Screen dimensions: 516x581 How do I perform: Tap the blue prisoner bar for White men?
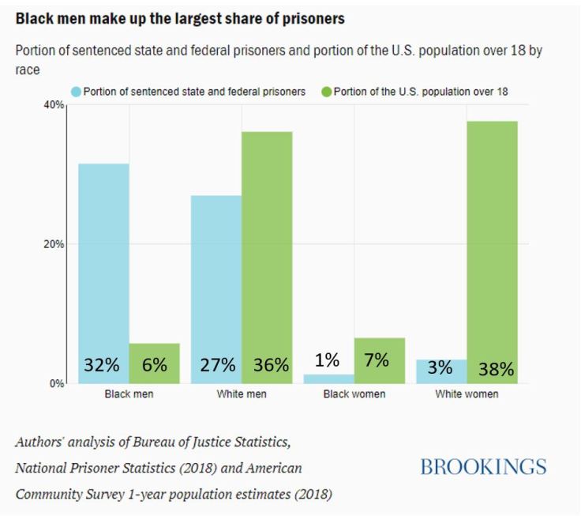(x=216, y=277)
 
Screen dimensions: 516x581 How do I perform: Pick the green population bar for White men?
(x=267, y=245)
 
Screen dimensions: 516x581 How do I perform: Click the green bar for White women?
(x=493, y=237)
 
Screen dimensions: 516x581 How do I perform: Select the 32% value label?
(x=102, y=365)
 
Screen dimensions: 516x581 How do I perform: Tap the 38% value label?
(x=495, y=368)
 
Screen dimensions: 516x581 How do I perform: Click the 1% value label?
(x=327, y=360)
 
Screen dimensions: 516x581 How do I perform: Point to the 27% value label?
(x=217, y=365)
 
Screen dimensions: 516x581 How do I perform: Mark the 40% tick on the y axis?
(x=54, y=105)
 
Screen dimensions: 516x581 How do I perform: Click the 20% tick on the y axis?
(x=54, y=244)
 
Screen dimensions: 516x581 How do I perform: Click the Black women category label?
(x=354, y=394)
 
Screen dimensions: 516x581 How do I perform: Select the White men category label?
(x=241, y=394)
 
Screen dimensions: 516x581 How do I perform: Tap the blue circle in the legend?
(x=76, y=92)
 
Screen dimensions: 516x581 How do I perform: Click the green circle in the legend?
(x=325, y=92)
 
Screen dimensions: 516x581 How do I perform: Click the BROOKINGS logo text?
(x=483, y=467)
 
